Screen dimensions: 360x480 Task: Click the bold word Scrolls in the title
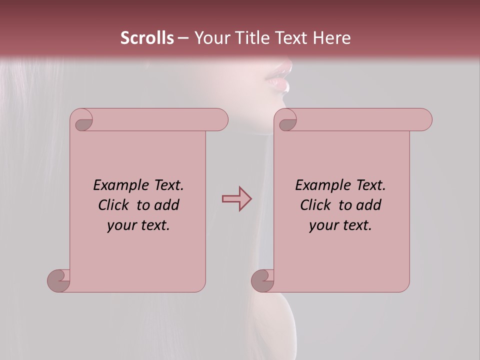pos(147,38)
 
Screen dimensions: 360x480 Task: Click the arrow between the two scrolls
pos(236,199)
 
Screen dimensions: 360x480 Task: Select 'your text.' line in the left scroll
pos(138,225)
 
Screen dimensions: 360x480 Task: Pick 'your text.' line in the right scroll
pos(340,225)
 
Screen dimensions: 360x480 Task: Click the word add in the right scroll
pos(368,205)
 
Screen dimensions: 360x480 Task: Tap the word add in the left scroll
pos(166,205)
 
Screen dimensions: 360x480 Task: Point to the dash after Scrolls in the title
pos(183,38)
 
